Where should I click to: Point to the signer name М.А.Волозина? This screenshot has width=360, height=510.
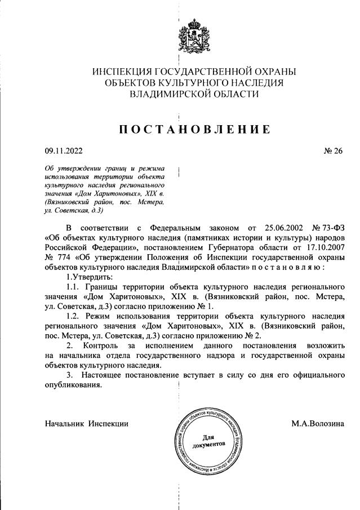[x=317, y=423]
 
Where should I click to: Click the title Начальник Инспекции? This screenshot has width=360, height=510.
[x=87, y=423]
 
